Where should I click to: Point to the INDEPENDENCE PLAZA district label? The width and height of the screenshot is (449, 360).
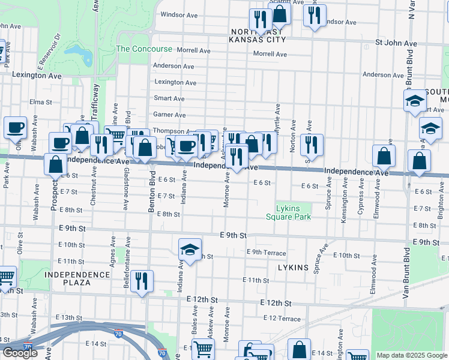point(77,278)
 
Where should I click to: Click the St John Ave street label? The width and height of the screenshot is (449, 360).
point(396,43)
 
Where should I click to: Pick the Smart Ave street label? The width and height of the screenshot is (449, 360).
point(169,98)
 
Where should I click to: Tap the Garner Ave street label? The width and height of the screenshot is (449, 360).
point(169,115)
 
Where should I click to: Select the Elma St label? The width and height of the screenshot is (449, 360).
point(41,102)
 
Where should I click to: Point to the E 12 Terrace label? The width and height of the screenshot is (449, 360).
point(282,318)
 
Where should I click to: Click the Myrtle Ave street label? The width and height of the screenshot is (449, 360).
point(278,117)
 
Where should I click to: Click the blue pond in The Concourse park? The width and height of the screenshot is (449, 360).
point(80,55)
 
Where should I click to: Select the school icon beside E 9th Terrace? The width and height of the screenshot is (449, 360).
point(189,250)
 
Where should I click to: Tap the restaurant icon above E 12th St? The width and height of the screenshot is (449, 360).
point(142,281)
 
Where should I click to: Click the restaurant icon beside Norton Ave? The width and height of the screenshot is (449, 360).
point(312,145)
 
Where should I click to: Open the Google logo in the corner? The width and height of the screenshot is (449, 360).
point(19,353)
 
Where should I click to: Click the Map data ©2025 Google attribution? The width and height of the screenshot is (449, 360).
point(411,355)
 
